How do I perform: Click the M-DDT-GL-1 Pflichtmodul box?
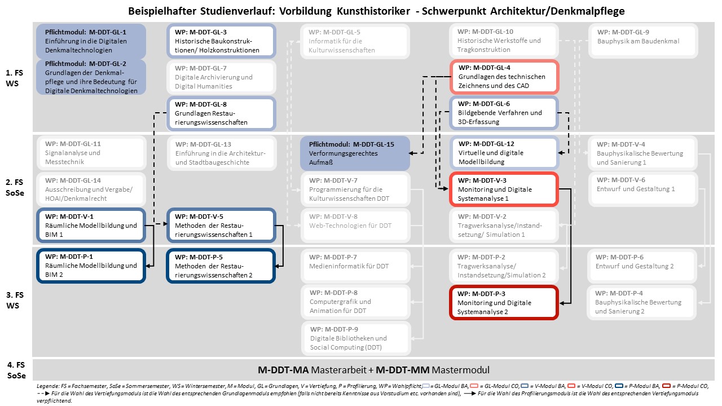pos(91,41)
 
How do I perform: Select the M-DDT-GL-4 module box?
pos(504,77)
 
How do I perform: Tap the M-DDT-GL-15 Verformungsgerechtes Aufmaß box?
pos(355,153)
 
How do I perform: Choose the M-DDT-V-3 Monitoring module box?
pos(504,189)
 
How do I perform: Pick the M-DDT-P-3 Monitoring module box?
pos(504,303)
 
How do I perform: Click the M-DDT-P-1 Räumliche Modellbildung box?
pos(91,266)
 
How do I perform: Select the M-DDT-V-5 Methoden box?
pos(221,225)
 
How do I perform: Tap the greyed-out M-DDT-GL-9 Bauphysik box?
pos(644,41)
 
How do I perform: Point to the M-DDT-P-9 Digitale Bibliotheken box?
pos(356,338)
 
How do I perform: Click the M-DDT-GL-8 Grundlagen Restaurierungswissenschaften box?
pos(221,113)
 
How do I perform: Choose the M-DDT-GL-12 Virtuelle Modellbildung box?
pos(504,153)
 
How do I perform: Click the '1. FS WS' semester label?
pos(14,78)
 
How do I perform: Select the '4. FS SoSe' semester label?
pos(16,370)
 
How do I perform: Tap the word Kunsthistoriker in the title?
pos(373,11)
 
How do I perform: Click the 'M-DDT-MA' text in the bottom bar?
pos(283,370)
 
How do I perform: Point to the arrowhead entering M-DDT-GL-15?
pos(412,153)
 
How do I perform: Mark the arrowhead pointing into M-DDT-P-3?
pos(562,303)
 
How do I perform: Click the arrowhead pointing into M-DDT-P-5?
pos(278,266)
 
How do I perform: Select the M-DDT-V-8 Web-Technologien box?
pos(355,225)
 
